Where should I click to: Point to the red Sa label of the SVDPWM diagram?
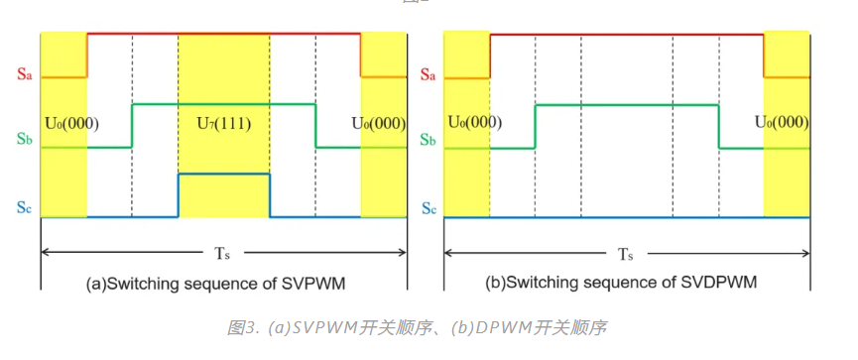point(428,73)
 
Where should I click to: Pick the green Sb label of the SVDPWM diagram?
point(428,141)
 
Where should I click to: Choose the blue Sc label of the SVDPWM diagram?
point(428,209)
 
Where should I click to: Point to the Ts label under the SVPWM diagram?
point(223,253)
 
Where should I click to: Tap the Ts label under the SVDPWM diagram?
point(626,253)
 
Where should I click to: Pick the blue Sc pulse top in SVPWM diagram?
point(224,175)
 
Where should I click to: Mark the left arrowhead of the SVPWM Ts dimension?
point(44,253)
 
